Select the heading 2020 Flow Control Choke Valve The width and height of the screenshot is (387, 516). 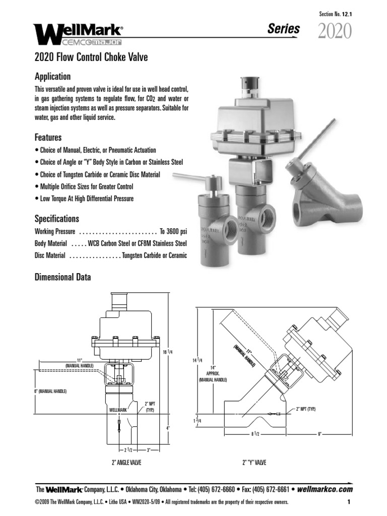pyautogui.click(x=91, y=57)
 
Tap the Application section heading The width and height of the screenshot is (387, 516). pyautogui.click(x=52, y=77)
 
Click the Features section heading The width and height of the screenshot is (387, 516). pyautogui.click(x=48, y=137)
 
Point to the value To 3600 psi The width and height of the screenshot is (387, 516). pyautogui.click(x=173, y=232)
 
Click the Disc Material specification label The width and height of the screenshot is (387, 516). pyautogui.click(x=49, y=256)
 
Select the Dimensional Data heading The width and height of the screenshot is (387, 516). pyautogui.click(x=62, y=277)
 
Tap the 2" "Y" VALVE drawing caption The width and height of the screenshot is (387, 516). pyautogui.click(x=254, y=462)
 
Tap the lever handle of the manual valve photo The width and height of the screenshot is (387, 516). pyautogui.click(x=189, y=177)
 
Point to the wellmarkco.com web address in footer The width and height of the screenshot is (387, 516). pyautogui.click(x=325, y=489)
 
